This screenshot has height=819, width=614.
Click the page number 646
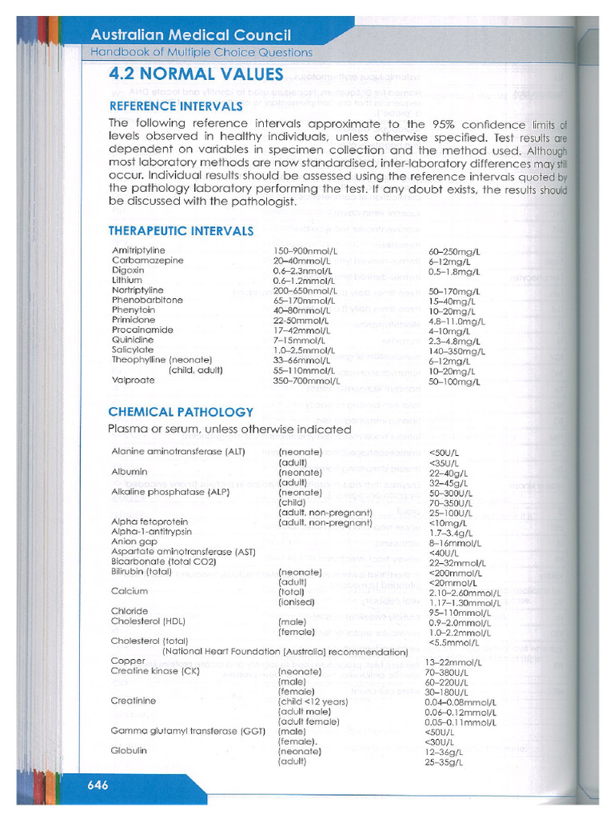98,785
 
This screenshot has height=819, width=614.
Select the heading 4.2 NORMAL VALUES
196,74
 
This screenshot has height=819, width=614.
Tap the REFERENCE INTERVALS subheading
175,106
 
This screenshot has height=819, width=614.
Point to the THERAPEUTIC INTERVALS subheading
181,231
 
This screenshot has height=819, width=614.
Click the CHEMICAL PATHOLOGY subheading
181,412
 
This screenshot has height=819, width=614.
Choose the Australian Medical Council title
190,35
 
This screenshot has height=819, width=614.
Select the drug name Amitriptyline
138,250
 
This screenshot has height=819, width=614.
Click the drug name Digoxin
128,270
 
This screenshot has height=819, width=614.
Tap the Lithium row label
127,280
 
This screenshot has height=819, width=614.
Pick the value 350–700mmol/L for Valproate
306,381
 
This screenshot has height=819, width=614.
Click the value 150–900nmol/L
305,250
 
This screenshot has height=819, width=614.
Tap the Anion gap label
134,541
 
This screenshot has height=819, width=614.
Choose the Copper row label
128,661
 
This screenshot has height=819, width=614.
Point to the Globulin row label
129,751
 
